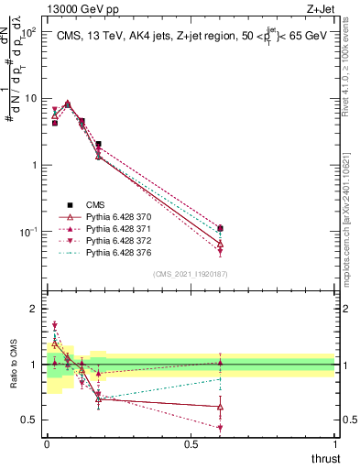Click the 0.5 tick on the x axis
coord(191,444)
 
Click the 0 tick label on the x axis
coord(47,444)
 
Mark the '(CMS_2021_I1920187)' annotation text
coord(190,274)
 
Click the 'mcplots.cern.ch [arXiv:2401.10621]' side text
coord(351,220)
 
